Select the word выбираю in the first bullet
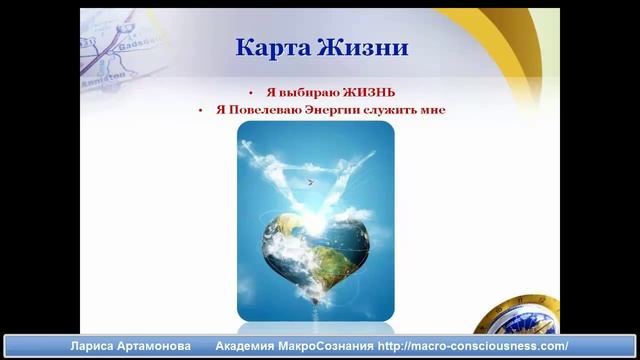[300, 91]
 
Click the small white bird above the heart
[310, 182]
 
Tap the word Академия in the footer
[246, 346]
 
